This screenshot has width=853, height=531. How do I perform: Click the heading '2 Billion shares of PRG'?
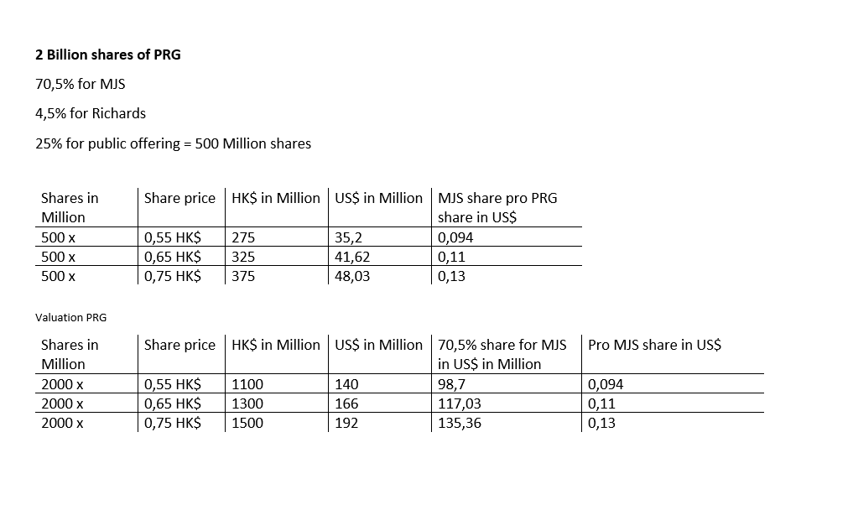[107, 55]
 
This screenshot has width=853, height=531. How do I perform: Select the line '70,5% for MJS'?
[80, 84]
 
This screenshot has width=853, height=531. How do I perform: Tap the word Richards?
[118, 113]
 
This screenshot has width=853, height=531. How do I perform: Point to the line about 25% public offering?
[173, 143]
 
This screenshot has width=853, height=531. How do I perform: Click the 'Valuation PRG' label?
[70, 317]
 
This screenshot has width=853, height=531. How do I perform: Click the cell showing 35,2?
[347, 237]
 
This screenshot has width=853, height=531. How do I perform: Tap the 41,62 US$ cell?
[352, 257]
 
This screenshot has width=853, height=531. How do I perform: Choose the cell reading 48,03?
[352, 276]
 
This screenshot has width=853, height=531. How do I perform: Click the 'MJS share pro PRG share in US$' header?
[497, 207]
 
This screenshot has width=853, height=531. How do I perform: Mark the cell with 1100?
[247, 384]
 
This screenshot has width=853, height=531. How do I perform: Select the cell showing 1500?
[247, 423]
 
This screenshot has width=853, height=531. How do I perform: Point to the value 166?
[346, 403]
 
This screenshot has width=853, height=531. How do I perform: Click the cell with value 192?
[346, 423]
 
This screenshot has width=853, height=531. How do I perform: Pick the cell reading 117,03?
[460, 403]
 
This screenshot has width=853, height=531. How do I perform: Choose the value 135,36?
[460, 423]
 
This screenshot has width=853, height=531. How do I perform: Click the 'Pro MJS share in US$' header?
[654, 345]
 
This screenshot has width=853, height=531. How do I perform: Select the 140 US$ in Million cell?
[346, 384]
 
